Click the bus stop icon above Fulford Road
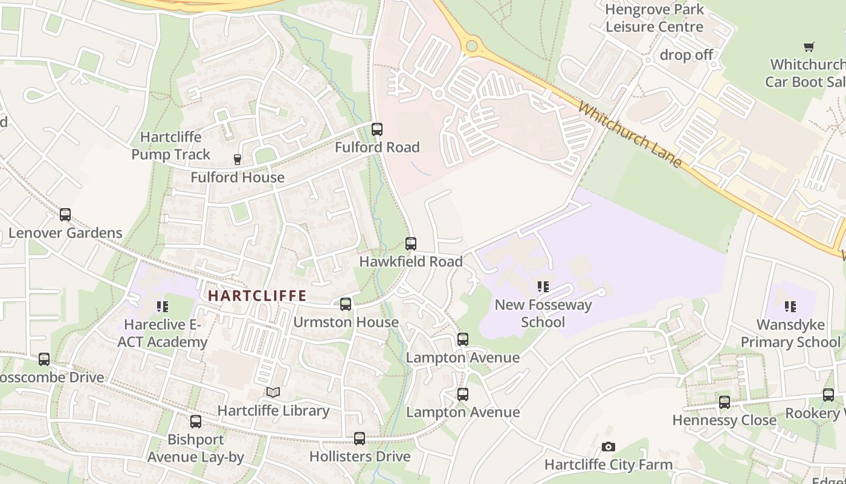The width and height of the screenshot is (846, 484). (376, 129)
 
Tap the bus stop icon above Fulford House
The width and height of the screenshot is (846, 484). (237, 160)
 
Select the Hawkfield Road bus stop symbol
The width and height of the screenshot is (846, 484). (411, 244)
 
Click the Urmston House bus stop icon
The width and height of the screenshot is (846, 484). (345, 304)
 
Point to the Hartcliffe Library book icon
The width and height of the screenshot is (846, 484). (273, 393)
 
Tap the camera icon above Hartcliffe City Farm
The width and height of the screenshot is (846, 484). (608, 447)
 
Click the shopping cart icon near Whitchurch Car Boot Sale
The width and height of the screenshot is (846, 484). (809, 47)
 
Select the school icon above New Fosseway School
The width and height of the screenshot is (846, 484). (543, 287)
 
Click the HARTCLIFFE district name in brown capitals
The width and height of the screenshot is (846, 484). (257, 296)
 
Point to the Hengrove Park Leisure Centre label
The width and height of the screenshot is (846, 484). (654, 18)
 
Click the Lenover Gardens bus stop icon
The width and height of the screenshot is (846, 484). (65, 215)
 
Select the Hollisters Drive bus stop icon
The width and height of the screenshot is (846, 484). (360, 439)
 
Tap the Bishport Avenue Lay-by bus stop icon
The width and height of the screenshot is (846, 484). (195, 422)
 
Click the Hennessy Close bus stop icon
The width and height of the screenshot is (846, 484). (724, 402)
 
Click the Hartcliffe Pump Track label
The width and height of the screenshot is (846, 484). (171, 146)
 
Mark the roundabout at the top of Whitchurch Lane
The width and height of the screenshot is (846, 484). (472, 45)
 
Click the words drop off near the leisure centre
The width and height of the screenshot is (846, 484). (686, 55)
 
